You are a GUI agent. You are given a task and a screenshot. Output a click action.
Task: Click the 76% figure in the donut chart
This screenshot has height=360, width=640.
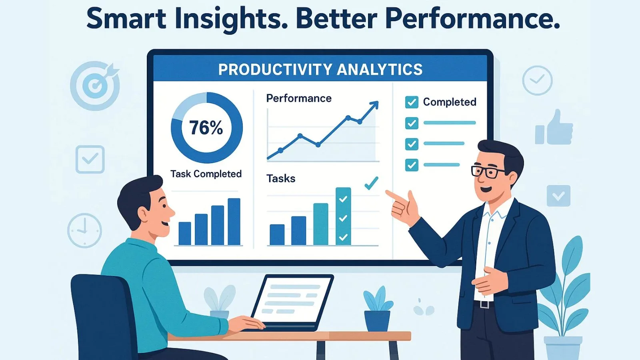[206, 128]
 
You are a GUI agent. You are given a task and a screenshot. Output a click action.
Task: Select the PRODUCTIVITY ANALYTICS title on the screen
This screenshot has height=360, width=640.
[320, 70]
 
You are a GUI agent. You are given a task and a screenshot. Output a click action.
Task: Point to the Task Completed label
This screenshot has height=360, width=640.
[206, 174]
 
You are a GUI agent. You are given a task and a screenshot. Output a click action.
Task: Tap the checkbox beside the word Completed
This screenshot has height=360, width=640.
[412, 102]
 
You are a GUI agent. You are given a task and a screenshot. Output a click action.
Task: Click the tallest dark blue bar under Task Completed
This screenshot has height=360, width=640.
[234, 222]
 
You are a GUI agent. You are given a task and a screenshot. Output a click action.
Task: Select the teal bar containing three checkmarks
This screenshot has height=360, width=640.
[343, 216]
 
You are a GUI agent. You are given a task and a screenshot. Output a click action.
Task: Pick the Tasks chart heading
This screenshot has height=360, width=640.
[281, 178]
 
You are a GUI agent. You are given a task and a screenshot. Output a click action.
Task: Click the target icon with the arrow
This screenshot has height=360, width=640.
[96, 85]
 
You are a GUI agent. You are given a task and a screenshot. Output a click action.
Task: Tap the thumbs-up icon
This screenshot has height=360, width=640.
[554, 128]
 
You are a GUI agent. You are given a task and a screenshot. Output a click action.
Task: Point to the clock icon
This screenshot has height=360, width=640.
[84, 230]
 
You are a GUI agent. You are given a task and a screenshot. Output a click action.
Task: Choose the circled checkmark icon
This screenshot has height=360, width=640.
[537, 80]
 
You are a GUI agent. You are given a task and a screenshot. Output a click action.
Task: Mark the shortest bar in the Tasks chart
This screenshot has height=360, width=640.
[277, 235]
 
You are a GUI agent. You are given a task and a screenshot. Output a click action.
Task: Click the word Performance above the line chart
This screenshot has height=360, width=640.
[299, 98]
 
